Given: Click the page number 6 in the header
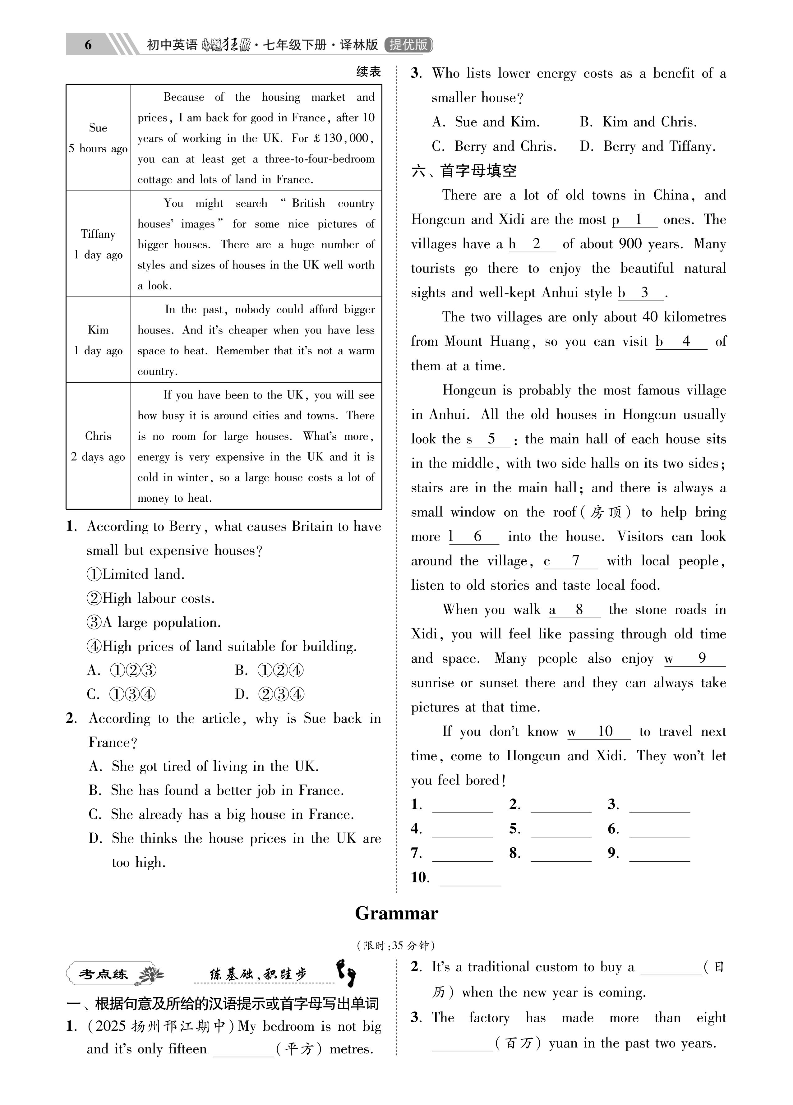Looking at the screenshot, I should click(88, 45).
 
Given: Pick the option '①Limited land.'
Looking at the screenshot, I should click(136, 574).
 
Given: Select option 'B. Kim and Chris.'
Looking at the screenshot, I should click(638, 122).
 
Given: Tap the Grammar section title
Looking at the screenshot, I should click(396, 913).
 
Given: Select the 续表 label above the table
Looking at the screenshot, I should click(368, 72).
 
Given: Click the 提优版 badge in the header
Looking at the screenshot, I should click(408, 45).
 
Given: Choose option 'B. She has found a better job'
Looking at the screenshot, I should click(216, 790).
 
